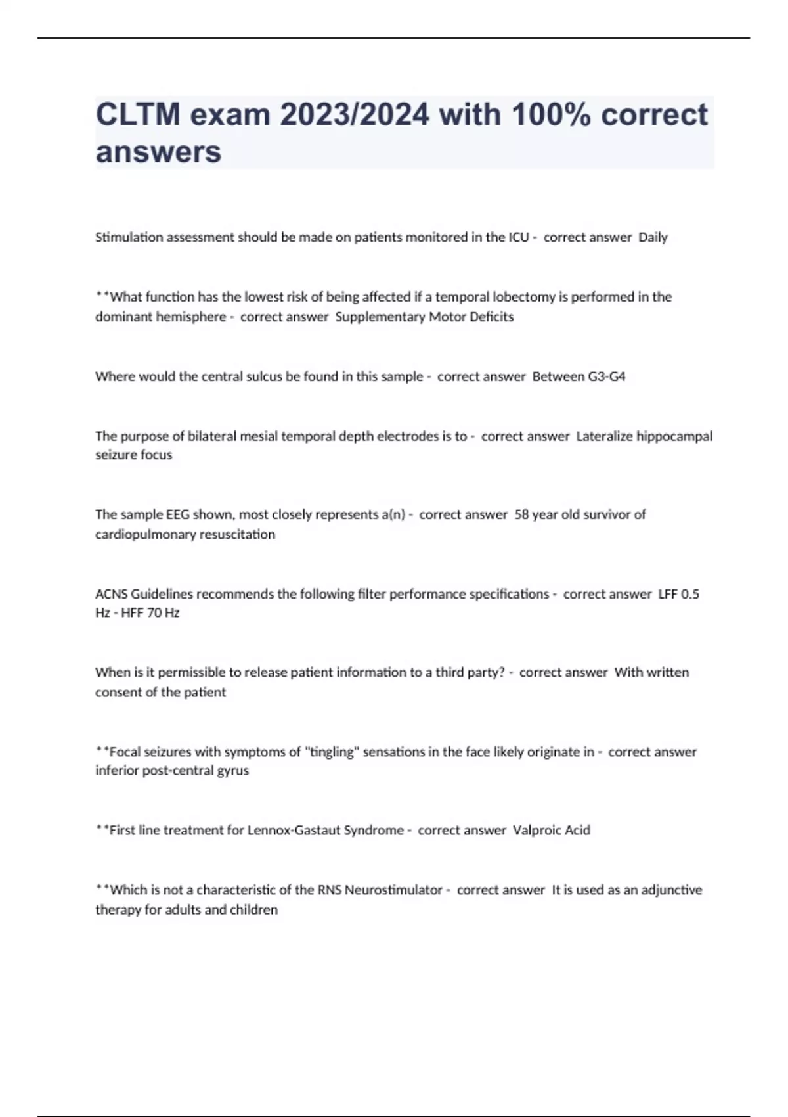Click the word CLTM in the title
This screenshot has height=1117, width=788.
(x=137, y=115)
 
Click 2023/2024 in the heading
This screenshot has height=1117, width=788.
(x=355, y=115)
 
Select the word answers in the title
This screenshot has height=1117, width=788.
(x=158, y=152)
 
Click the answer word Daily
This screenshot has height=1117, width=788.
(x=653, y=237)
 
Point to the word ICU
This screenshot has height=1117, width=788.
(x=519, y=237)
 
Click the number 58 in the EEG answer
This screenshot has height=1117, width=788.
(x=522, y=514)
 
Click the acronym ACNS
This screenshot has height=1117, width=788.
(x=112, y=594)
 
